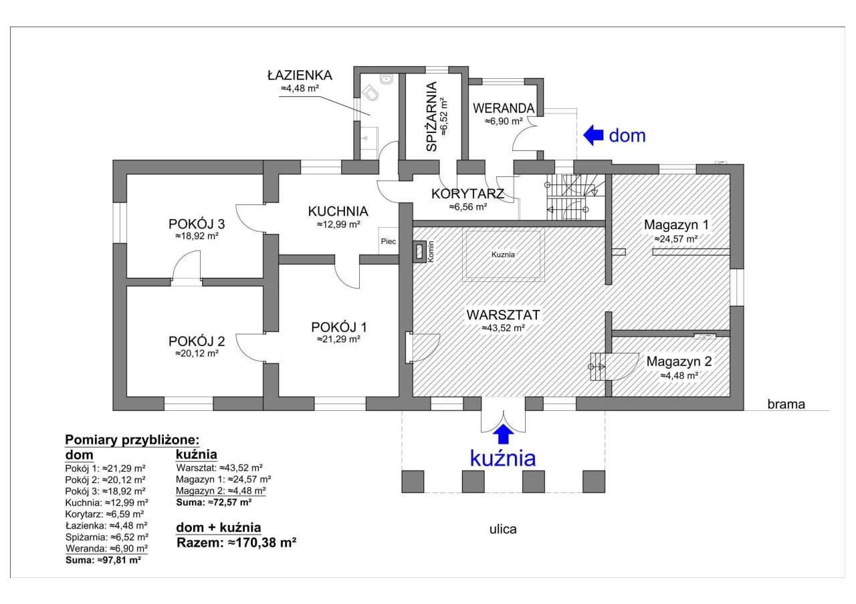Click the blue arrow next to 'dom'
tap(593, 136)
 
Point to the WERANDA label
tap(504, 108)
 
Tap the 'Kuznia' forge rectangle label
tap(503, 255)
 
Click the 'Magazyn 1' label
tap(675, 224)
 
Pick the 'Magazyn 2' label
tap(679, 361)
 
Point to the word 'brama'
tap(786, 404)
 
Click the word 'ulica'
tap(503, 530)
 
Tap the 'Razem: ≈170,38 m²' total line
tap(236, 543)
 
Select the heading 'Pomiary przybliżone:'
tap(132, 440)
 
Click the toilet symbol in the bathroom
tap(372, 94)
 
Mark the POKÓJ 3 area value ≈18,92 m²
tap(197, 236)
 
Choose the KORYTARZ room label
tap(467, 194)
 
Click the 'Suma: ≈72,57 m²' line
tap(213, 502)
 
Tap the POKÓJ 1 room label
tap(339, 327)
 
